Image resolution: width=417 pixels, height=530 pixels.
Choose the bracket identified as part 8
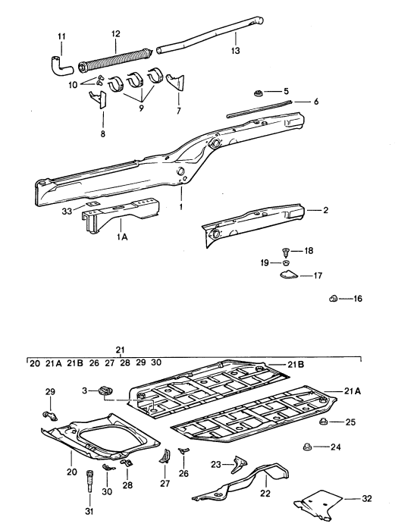coord(97,99)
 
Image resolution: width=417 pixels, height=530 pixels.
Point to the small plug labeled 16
coord(333,299)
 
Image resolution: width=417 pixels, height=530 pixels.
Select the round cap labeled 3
coord(105,390)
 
